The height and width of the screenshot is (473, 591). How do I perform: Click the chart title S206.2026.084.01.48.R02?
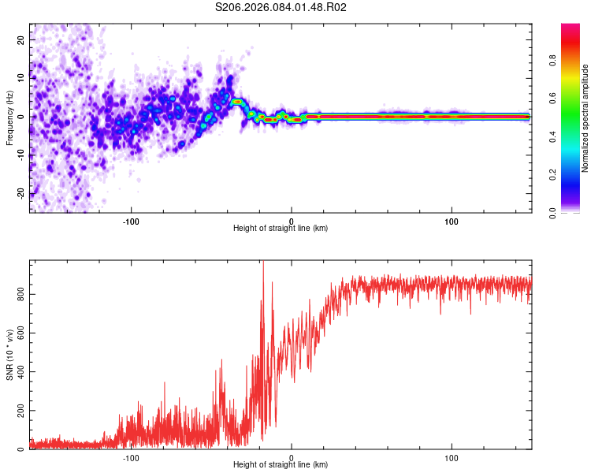tap(281, 7)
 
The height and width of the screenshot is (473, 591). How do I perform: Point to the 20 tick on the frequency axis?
tap(22, 39)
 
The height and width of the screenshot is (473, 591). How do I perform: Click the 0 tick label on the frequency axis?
tap(22, 117)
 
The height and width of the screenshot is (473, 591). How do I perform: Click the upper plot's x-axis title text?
tap(281, 229)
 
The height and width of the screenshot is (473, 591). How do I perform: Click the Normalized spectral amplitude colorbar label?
tap(585, 118)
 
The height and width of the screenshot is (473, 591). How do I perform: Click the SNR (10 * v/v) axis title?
tap(9, 355)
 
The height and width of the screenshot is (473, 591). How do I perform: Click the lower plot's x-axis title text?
tap(281, 465)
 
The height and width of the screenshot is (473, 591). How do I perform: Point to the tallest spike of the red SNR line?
tap(263, 263)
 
